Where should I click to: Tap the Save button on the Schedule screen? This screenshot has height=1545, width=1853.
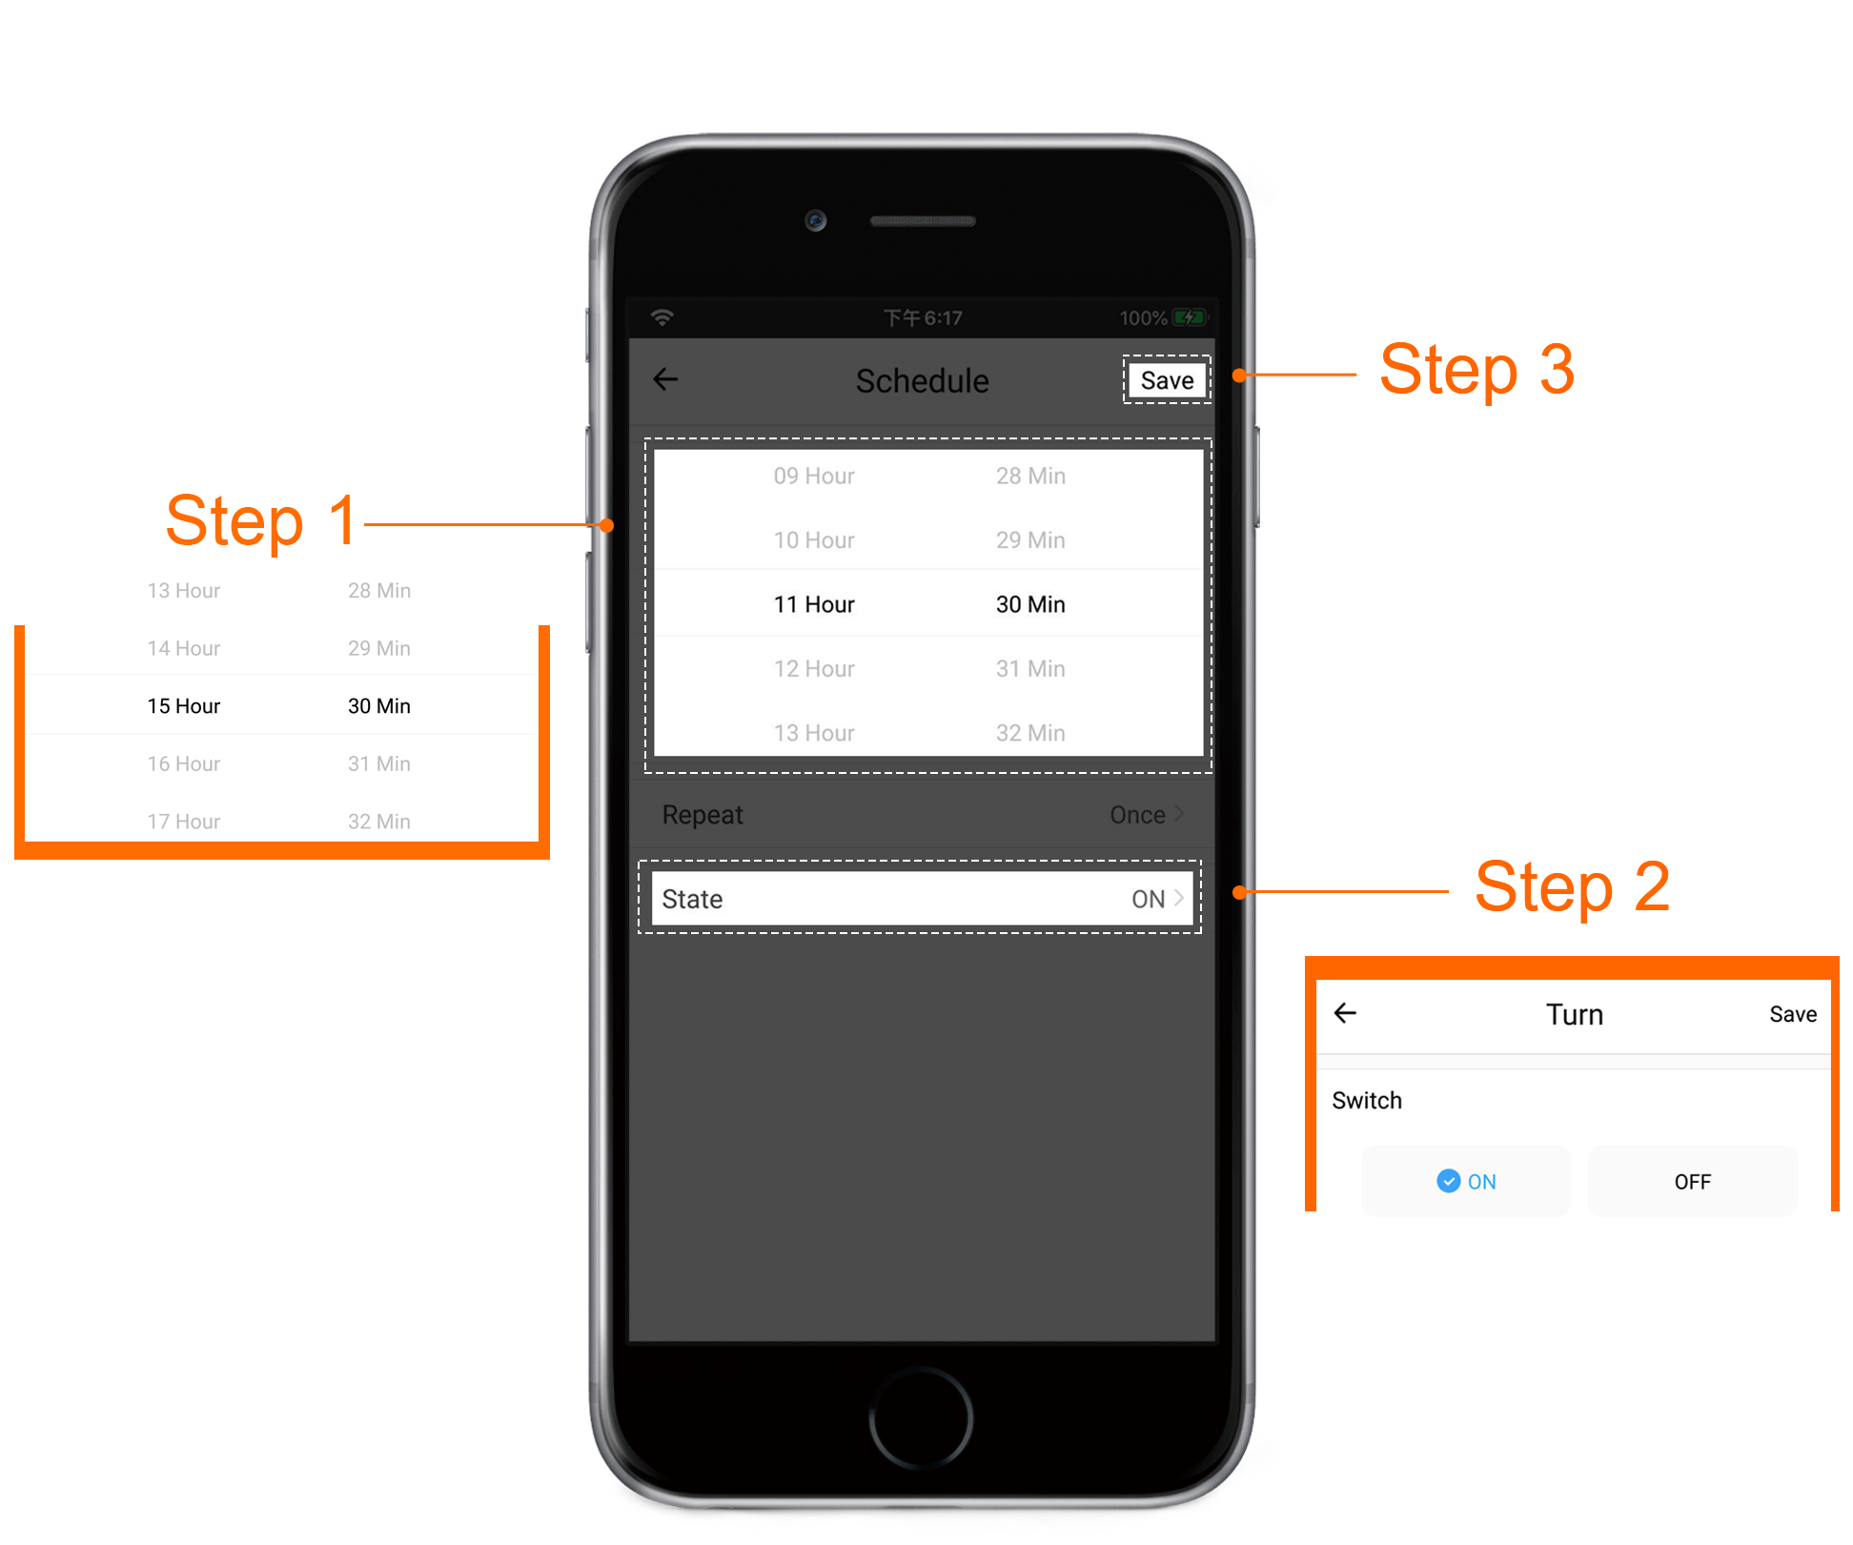(1167, 380)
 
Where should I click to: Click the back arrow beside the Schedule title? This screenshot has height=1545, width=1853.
(665, 379)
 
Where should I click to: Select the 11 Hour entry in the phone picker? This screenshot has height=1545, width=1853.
(814, 604)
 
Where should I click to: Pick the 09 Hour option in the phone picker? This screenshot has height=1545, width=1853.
(814, 476)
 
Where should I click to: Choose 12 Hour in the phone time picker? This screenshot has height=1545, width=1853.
(814, 669)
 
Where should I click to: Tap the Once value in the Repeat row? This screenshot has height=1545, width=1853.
(1137, 815)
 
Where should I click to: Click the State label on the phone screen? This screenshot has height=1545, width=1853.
(692, 899)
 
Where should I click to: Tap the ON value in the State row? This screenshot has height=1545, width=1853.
(1148, 899)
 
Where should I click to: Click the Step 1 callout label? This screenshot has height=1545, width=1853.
(261, 521)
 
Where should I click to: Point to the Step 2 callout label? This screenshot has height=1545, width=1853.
(1573, 887)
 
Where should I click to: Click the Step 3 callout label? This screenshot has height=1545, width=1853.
(1477, 370)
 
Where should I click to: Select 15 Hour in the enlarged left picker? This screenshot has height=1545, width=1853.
(184, 706)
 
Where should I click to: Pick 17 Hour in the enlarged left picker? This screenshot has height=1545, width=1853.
(184, 822)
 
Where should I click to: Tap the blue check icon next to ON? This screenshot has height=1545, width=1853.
(1448, 1181)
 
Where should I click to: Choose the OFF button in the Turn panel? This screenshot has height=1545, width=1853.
(1693, 1181)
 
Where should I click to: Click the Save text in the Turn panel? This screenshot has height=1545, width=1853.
(1793, 1014)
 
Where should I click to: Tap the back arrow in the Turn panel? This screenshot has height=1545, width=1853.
(1345, 1013)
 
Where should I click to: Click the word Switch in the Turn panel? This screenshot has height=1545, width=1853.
(1367, 1101)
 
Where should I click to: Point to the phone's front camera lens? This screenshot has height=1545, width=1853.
(815, 220)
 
